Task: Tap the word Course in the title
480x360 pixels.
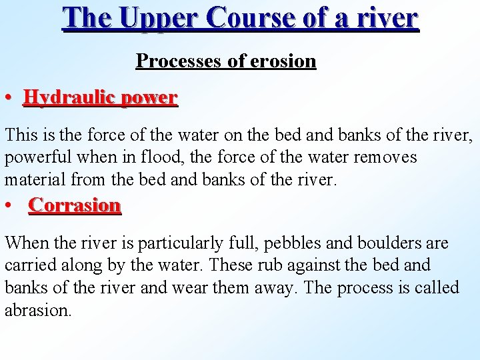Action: tap(251, 18)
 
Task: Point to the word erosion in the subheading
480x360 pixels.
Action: tap(282, 61)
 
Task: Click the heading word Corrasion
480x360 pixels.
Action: tap(75, 205)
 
